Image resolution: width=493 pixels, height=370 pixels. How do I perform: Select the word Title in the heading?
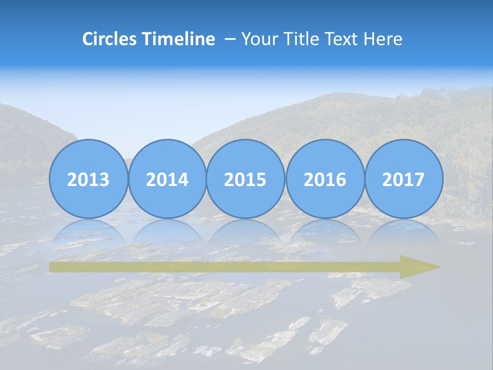[300, 39]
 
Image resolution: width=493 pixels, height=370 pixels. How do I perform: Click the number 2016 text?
[325, 180]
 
